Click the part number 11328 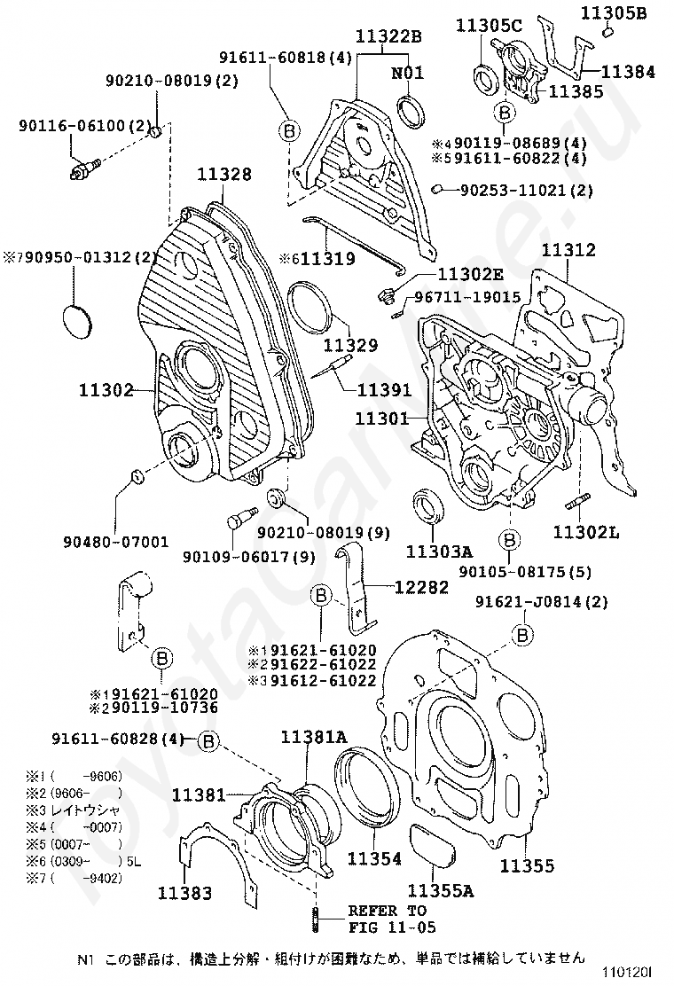coord(223,175)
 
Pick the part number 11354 coord(373,858)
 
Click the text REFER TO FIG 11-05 coord(387,919)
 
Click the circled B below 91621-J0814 coord(523,634)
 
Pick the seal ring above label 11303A coord(428,510)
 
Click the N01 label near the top coord(408,73)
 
